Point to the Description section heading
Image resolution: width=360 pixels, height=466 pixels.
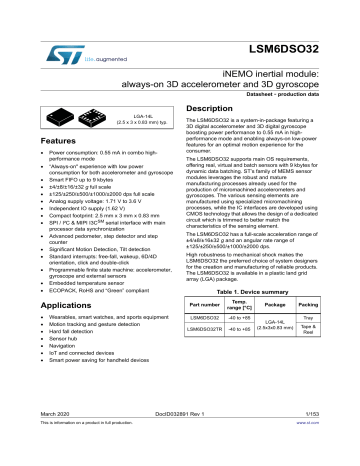tap(217, 108)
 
